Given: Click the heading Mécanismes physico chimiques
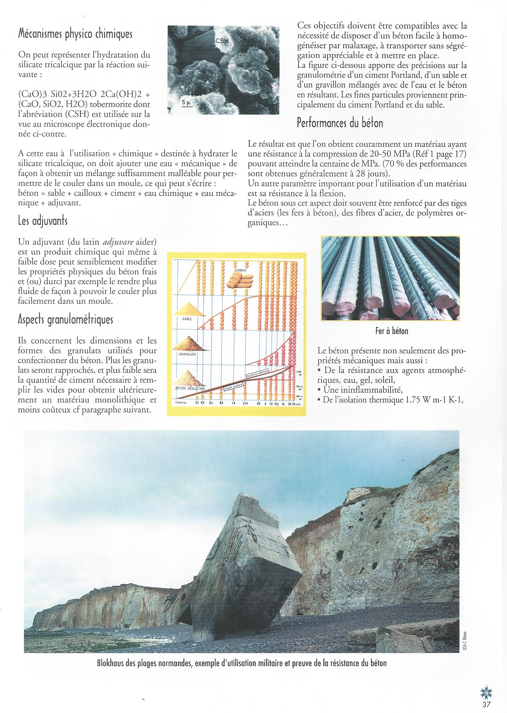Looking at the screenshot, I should point(75,34).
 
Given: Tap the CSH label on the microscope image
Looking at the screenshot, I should point(222,40).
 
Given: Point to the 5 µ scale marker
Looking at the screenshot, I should point(186,102).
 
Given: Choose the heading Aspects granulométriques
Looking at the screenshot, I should point(65,319).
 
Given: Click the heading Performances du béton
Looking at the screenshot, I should point(340,123).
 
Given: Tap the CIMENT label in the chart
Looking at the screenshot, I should point(241,270).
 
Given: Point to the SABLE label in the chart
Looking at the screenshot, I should point(187,319).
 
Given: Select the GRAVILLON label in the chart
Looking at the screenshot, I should point(187,354).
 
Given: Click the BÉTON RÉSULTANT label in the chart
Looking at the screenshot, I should point(190,388).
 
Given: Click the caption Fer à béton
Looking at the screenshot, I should point(391,331).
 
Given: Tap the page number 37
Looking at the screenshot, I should point(487,704).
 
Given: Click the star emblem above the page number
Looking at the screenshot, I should point(486,692).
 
